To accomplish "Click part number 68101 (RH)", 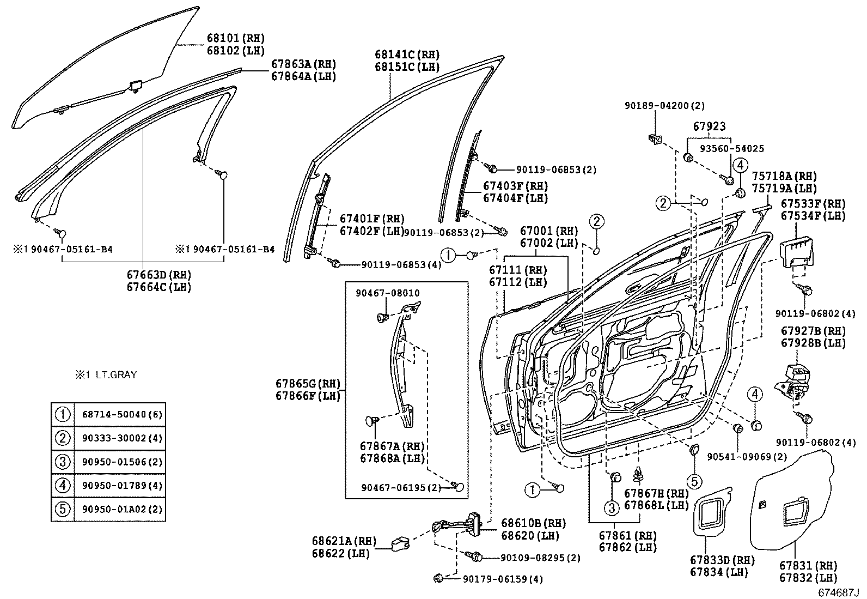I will pos(235,38).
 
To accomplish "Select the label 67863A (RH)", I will pos(303,64).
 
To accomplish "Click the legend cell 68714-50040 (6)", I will pos(122,415).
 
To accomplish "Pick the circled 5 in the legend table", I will pos(63,509).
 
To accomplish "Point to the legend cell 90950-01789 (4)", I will pos(122,486).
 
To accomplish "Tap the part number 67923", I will pos(709,126).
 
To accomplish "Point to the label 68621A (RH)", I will pos(344,541).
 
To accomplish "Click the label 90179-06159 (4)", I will pos(503,579).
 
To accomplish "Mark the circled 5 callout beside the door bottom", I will pos(694,481).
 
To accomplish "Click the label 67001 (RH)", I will pos(548,231).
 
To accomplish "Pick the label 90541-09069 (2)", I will pos(747,456).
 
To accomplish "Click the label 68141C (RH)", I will pos(407,55).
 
